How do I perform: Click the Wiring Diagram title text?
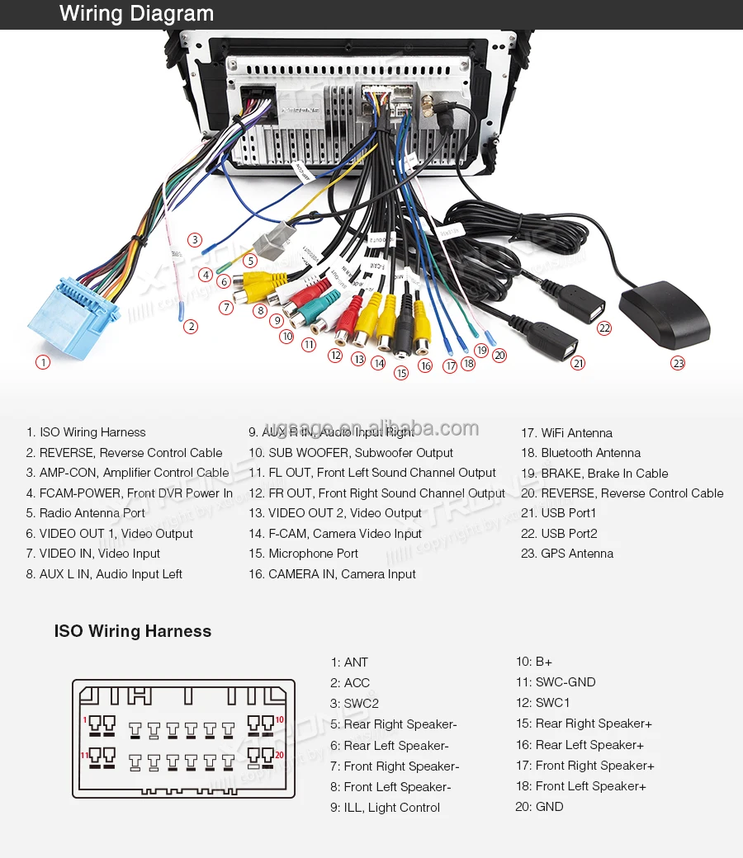[136, 14]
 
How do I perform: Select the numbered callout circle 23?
[678, 363]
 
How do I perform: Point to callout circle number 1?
[43, 361]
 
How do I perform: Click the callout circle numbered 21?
[578, 363]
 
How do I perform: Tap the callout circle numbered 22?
[604, 328]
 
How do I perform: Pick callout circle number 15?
[401, 373]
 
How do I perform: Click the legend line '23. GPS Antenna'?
[567, 554]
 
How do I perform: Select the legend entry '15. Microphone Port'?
[303, 554]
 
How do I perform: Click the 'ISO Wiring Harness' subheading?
[133, 631]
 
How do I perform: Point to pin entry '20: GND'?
[539, 806]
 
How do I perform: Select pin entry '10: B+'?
[534, 662]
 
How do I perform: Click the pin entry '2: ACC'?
[350, 682]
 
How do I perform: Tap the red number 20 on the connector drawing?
[280, 755]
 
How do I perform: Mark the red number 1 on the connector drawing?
[84, 720]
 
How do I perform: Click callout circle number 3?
[194, 240]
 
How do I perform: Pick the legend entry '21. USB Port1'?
[559, 513]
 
